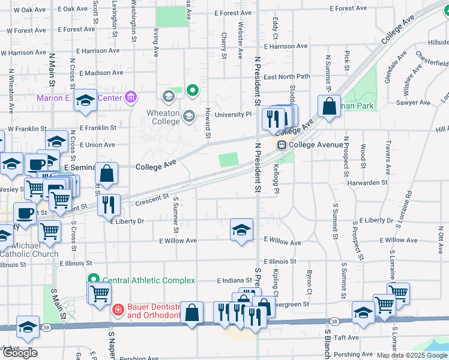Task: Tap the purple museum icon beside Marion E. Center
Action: (x=131, y=98)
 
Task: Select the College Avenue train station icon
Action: (x=281, y=145)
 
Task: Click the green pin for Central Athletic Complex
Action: (x=94, y=280)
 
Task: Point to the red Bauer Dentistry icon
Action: (x=118, y=310)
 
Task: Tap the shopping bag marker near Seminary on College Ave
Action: (x=106, y=173)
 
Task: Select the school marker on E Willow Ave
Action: (x=241, y=230)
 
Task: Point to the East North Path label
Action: (x=286, y=77)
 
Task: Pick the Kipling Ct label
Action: (x=276, y=283)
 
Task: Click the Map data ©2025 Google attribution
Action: (x=411, y=355)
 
